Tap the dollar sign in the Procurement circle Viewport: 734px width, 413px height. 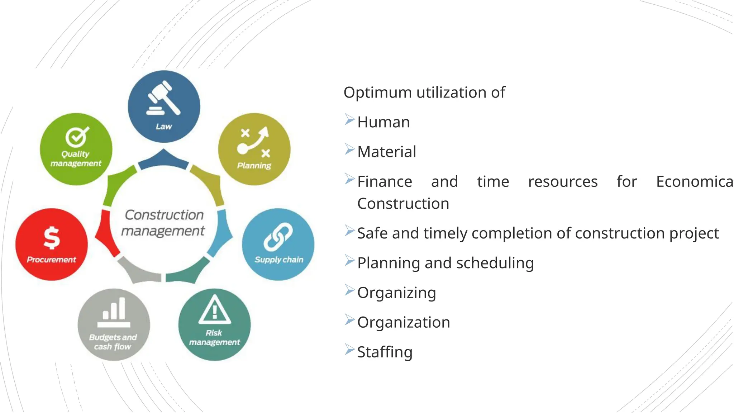pyautogui.click(x=52, y=238)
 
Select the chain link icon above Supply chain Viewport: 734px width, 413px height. pyautogui.click(x=278, y=237)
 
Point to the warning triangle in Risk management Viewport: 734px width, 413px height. pyautogui.click(x=214, y=309)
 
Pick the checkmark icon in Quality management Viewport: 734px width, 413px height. pyautogui.click(x=77, y=137)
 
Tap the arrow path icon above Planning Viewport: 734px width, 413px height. pyautogui.click(x=254, y=142)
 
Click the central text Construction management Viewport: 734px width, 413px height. pyautogui.click(x=163, y=223)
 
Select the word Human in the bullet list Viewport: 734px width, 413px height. pyautogui.click(x=383, y=122)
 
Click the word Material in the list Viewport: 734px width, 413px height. pyautogui.click(x=387, y=152)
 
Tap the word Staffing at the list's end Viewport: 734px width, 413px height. pyautogui.click(x=385, y=352)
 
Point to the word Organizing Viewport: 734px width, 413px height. pyautogui.click(x=396, y=293)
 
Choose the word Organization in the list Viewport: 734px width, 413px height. pyautogui.click(x=404, y=322)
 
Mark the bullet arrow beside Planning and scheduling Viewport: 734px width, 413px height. pyautogui.click(x=349, y=261)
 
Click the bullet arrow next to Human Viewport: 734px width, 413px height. pyautogui.click(x=349, y=120)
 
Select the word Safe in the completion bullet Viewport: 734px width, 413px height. pyautogui.click(x=372, y=233)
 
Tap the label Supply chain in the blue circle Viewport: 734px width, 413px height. pyautogui.click(x=279, y=260)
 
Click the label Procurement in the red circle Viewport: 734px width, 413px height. pyautogui.click(x=52, y=260)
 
